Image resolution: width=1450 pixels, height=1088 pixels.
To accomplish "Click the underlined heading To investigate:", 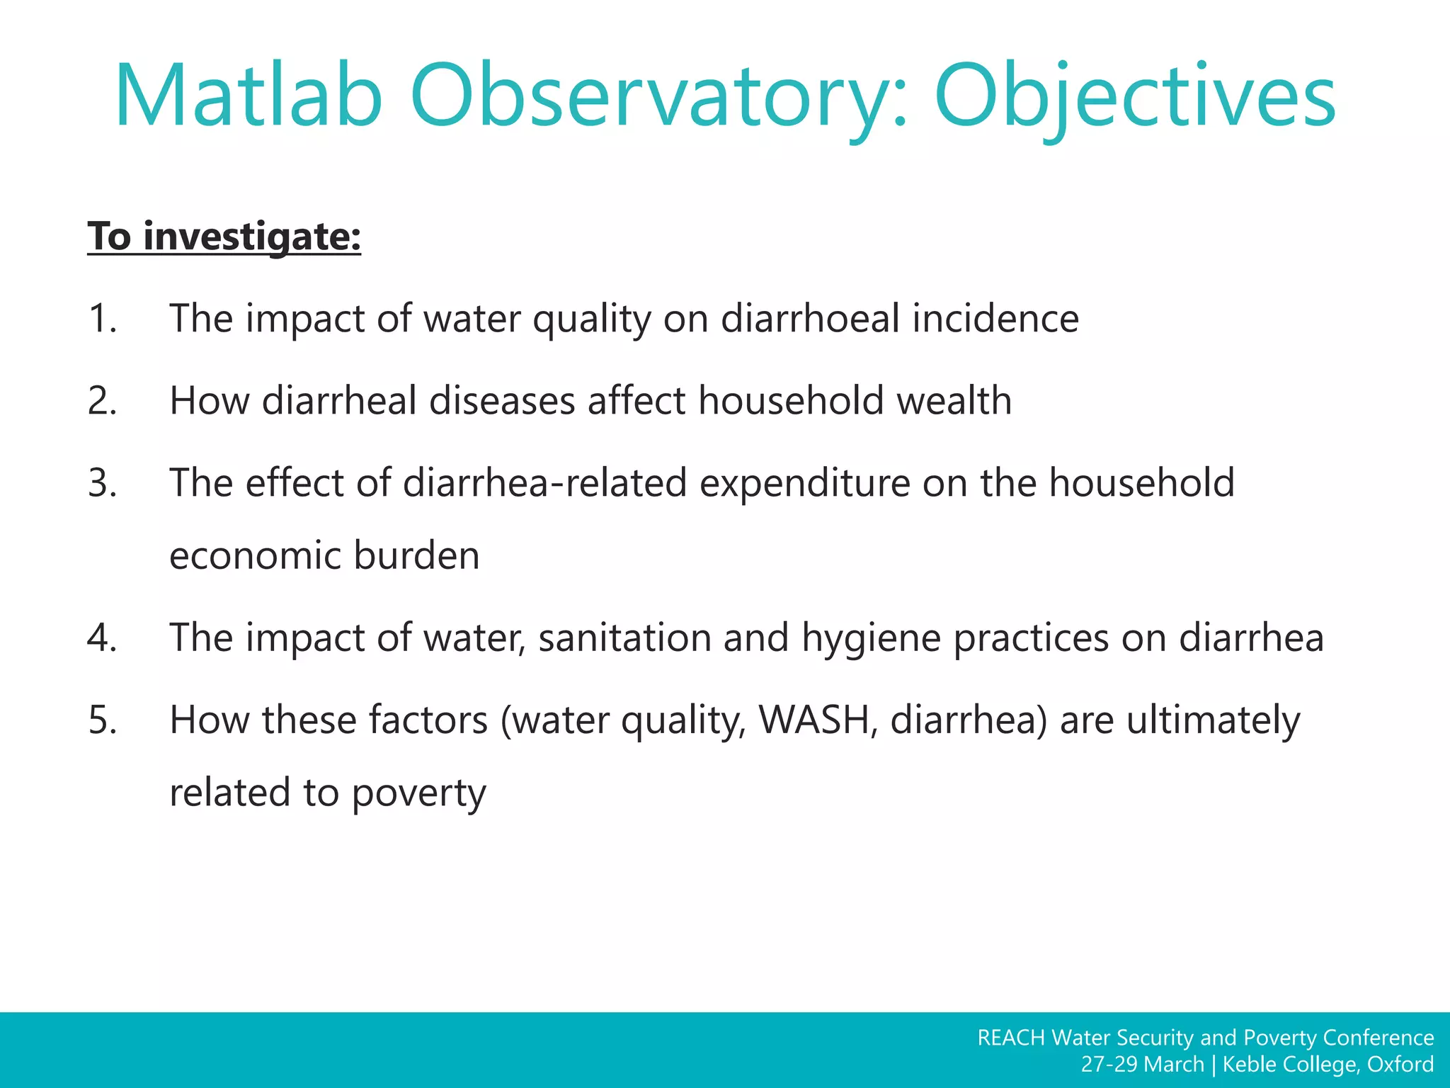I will click(224, 236).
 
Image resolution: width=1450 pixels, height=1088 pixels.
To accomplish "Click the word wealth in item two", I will click(954, 400).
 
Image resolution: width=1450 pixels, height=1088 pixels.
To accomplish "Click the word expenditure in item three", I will click(804, 483).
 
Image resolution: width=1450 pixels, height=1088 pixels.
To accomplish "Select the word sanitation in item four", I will click(624, 637).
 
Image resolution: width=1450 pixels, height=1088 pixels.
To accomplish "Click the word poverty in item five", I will click(418, 793).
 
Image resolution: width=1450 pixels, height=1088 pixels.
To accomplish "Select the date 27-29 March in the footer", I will click(1142, 1065).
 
